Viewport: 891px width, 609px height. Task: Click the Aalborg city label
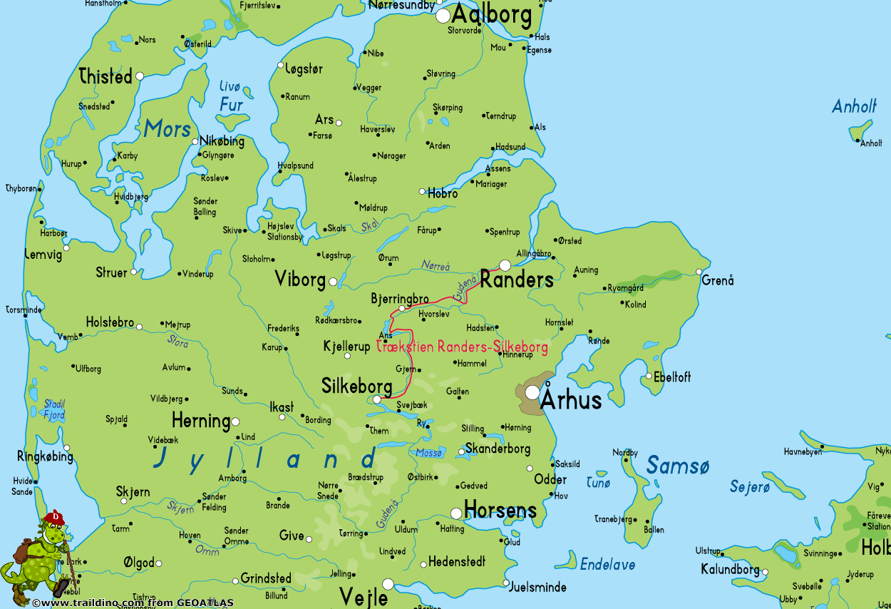point(492,15)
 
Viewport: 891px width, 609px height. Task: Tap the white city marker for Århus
point(532,392)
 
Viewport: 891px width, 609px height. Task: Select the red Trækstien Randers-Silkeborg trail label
point(462,347)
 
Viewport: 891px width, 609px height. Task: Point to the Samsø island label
point(678,466)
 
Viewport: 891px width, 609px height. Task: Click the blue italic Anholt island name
point(854,107)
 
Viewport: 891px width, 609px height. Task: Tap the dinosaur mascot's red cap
point(54,517)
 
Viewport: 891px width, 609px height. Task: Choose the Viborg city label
point(300,280)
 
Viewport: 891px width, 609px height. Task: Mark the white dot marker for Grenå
point(699,272)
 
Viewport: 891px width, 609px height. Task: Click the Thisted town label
point(105,76)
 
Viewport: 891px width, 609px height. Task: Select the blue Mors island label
point(168,129)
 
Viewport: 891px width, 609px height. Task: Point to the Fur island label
point(231,105)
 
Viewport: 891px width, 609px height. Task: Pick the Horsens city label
point(500,510)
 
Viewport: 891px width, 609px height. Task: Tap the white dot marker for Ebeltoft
point(649,377)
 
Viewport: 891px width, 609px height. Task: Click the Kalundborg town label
point(730,570)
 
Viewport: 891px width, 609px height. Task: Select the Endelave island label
point(607,565)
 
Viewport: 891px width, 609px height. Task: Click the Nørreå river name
point(436,266)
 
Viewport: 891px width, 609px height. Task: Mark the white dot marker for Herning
point(235,421)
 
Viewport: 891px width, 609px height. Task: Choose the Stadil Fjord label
point(53,409)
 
